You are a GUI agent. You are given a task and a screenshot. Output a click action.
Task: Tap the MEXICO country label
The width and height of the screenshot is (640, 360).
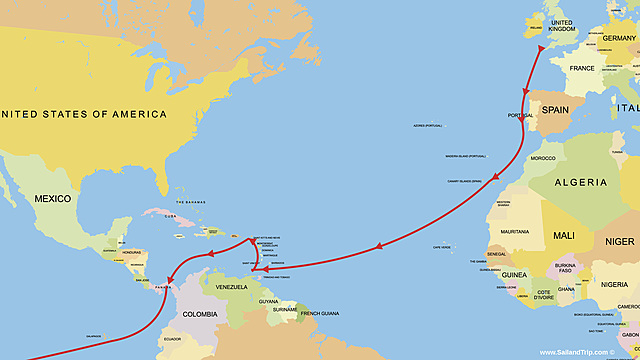point(52,199)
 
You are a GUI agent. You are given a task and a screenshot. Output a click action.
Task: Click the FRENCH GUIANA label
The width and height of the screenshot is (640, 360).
point(318,314)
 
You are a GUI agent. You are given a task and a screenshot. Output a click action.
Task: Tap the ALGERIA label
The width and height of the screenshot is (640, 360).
point(580,182)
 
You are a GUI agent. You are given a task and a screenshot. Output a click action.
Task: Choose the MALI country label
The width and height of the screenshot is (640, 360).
point(563,236)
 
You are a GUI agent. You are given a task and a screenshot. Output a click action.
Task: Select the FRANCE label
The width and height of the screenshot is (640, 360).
point(582,68)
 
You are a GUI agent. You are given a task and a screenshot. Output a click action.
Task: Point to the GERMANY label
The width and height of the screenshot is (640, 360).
point(620,39)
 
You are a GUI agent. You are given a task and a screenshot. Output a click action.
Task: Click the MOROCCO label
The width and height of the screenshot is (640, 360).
point(542,159)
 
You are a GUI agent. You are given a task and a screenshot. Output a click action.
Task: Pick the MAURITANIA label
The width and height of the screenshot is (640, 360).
point(515,232)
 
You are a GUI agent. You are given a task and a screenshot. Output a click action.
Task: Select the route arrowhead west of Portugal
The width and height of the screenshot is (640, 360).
point(524,93)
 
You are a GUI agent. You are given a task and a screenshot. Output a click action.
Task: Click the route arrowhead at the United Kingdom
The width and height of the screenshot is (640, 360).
point(541,46)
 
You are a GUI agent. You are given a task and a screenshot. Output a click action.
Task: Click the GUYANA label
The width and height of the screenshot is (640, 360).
point(267,301)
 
